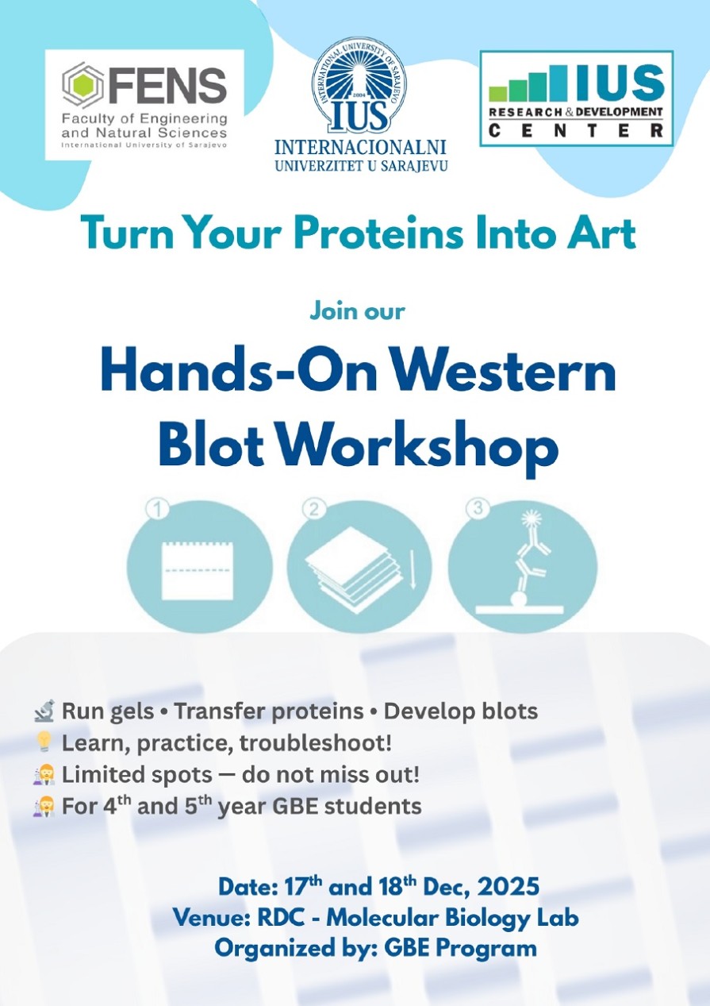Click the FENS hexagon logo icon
(x=83, y=86)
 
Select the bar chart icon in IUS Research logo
(x=528, y=84)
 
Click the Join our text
(x=357, y=310)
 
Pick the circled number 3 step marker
(x=478, y=510)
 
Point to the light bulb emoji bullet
(x=44, y=743)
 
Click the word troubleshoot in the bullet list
(x=319, y=743)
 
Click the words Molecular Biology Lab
(x=452, y=917)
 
